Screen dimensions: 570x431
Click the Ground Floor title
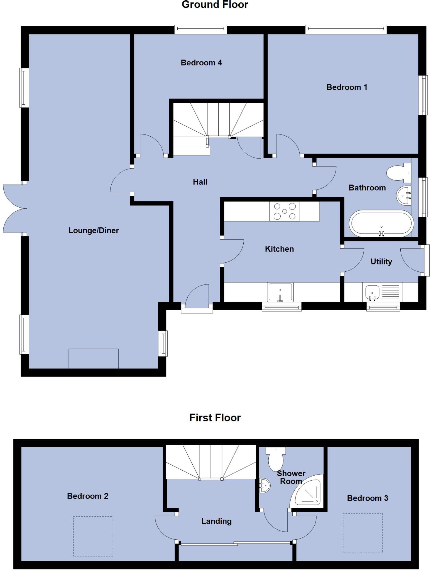coord(215,5)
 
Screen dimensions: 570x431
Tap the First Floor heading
coord(215,417)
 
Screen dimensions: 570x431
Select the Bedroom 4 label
coord(201,63)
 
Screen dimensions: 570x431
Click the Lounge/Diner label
coord(94,230)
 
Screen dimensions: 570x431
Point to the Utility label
coord(381,262)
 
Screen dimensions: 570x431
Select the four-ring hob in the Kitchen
coord(285,212)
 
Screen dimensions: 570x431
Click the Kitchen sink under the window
coord(280,292)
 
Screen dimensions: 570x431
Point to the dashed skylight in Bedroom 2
coord(93,536)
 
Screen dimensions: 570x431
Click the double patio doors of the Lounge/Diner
coord(14,208)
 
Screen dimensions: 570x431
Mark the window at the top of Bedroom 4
coord(200,29)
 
